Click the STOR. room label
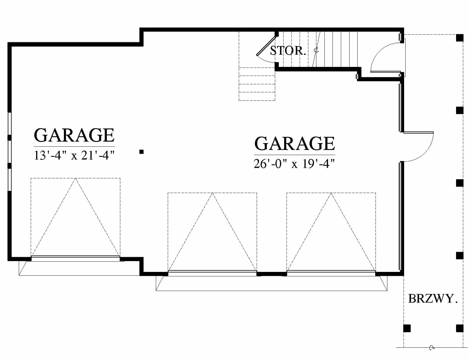pyautogui.click(x=288, y=51)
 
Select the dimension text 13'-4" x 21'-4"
pyautogui.click(x=74, y=155)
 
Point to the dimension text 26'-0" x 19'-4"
pyautogui.click(x=294, y=164)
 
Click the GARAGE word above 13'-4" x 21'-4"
pyautogui.click(x=74, y=135)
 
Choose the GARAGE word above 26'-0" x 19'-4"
pyautogui.click(x=295, y=143)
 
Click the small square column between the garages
pyautogui.click(x=141, y=152)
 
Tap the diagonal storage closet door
pyautogui.click(x=266, y=45)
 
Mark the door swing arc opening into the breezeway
pyautogui.click(x=424, y=151)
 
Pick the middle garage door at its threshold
pyautogui.click(x=212, y=273)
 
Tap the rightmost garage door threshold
pyautogui.click(x=331, y=273)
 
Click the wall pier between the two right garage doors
pyautogui.click(x=272, y=274)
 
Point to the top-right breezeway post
pyautogui.click(x=460, y=38)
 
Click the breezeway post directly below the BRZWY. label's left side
pyautogui.click(x=407, y=328)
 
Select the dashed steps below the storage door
pyautogui.click(x=257, y=84)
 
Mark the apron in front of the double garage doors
pyautogui.click(x=271, y=284)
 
